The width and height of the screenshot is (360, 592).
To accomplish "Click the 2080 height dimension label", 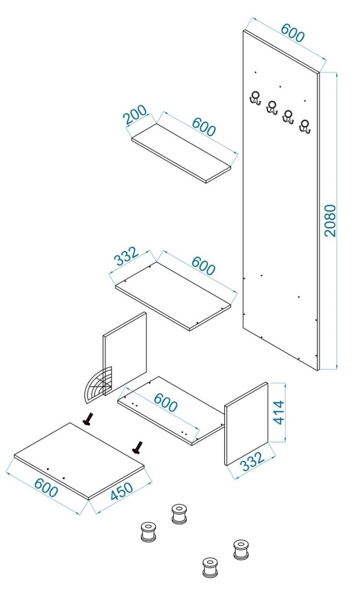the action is point(330,220).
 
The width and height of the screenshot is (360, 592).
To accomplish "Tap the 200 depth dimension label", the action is point(136,115).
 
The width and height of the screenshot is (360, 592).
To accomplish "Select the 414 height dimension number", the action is point(279,412).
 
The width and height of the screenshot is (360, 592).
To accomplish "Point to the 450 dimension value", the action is point(122,491).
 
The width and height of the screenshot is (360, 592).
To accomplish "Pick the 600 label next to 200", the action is point(203,126).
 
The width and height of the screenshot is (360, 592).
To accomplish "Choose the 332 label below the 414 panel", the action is point(252,461).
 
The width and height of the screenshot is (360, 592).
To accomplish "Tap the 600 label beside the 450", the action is point(46,488).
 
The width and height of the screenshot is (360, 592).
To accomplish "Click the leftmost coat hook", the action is point(256,98).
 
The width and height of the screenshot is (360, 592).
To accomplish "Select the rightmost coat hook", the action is point(305,126).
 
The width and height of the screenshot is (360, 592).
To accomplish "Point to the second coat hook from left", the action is point(272,107).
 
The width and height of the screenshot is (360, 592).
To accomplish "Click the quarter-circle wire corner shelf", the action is point(98,384).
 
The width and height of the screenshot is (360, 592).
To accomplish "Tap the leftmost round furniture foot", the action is point(148,532).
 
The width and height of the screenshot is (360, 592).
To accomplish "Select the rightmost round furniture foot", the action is point(241,550).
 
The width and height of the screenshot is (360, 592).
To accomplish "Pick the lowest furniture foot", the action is point(210,567).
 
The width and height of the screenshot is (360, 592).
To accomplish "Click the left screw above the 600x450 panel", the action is point(88,419).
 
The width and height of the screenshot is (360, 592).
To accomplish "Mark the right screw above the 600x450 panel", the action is point(137,447).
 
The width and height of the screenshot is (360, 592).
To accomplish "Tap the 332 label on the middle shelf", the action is point(126,256).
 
